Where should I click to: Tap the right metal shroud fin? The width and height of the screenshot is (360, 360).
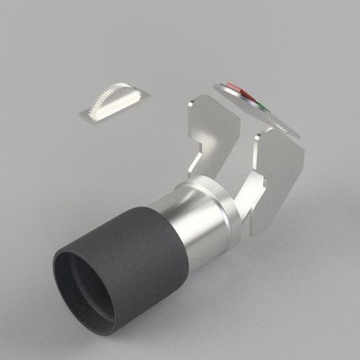279,174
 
